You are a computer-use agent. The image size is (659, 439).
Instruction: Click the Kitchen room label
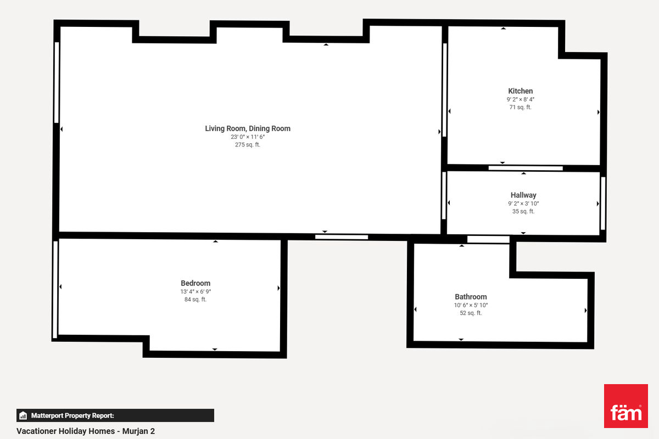click(520, 91)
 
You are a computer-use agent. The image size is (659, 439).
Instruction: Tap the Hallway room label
click(523, 195)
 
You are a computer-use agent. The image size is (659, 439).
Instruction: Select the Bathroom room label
click(471, 297)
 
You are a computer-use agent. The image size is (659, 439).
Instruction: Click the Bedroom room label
click(196, 284)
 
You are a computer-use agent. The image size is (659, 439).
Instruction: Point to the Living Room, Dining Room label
click(248, 129)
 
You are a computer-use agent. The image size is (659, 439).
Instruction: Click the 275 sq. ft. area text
click(248, 145)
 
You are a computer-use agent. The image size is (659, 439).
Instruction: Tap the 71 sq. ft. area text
click(521, 108)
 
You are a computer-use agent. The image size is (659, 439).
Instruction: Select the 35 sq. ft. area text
click(523, 211)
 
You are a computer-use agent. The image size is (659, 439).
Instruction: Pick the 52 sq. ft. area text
click(471, 313)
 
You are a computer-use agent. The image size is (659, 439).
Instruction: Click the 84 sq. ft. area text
click(196, 300)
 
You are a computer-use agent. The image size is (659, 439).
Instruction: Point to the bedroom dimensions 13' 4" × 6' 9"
click(196, 292)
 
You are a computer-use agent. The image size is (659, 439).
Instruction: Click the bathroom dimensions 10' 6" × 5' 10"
click(471, 305)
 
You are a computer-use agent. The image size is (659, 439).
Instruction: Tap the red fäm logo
click(626, 406)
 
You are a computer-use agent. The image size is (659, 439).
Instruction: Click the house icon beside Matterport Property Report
click(23, 415)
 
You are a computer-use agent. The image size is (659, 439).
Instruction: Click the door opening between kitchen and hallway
click(526, 168)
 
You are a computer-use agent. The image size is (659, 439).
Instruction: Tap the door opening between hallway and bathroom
click(488, 239)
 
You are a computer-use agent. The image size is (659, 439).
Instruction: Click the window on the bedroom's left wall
click(55, 290)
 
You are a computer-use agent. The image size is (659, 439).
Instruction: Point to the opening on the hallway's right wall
click(603, 203)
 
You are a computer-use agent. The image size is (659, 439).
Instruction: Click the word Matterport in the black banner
click(47, 415)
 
